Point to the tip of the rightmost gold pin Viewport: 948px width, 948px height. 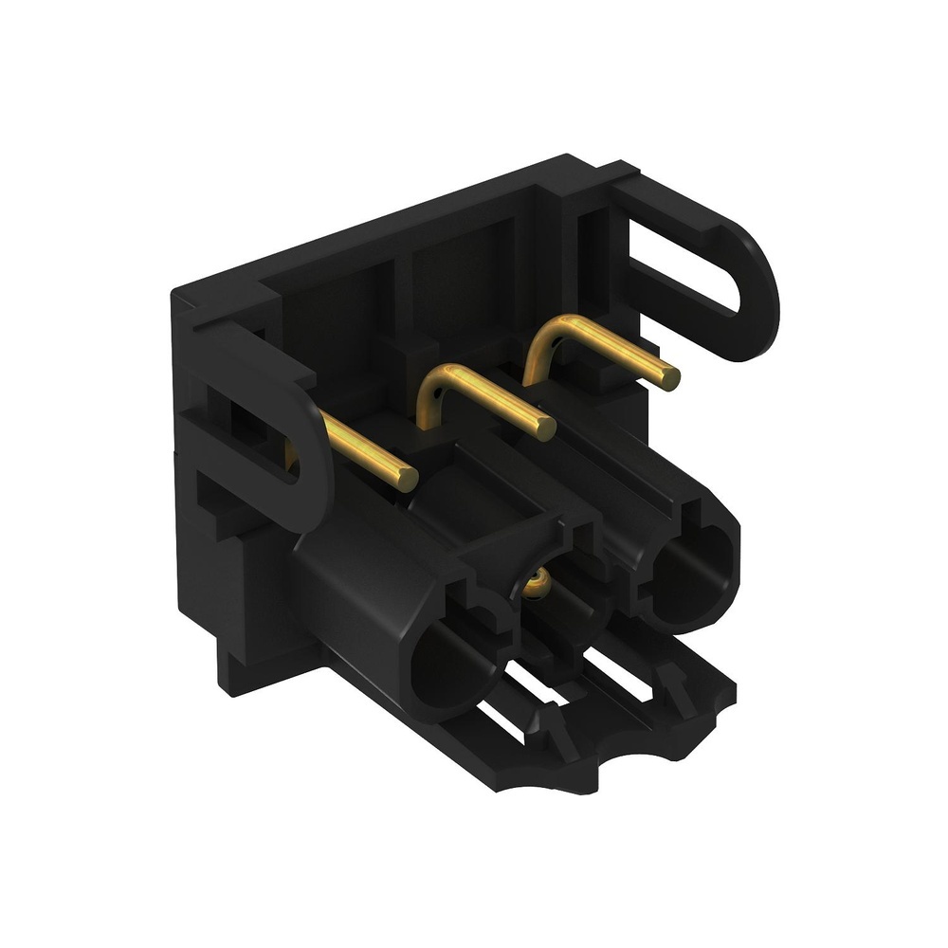[x=670, y=377]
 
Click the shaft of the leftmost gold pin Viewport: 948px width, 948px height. [x=365, y=454]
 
